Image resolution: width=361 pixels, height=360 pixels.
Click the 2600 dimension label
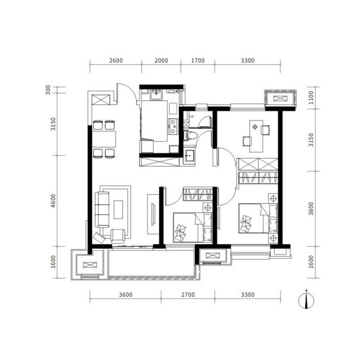[116, 61]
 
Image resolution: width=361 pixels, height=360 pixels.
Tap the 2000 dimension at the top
[161, 61]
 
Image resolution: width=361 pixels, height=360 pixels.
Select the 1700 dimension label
[198, 61]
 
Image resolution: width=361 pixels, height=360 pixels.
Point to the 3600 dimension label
[126, 295]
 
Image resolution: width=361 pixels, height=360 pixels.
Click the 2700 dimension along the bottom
[188, 295]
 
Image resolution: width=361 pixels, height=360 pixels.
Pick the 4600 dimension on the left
[53, 201]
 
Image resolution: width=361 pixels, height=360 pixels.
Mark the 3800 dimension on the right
[311, 208]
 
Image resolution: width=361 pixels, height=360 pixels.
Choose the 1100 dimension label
[311, 98]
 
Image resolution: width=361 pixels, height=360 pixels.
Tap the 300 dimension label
[48, 90]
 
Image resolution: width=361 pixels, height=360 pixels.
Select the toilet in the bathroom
[190, 136]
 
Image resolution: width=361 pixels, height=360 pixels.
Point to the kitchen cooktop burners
[172, 126]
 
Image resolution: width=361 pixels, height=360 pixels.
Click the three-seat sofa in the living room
[102, 210]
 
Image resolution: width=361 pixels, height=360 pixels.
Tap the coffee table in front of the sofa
[118, 210]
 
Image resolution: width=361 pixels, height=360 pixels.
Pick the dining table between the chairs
[104, 139]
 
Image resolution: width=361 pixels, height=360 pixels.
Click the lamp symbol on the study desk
[255, 127]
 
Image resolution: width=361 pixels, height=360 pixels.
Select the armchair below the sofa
[118, 236]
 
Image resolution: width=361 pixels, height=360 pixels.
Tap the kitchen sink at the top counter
[156, 95]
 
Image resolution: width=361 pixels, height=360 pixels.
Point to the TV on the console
[153, 214]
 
